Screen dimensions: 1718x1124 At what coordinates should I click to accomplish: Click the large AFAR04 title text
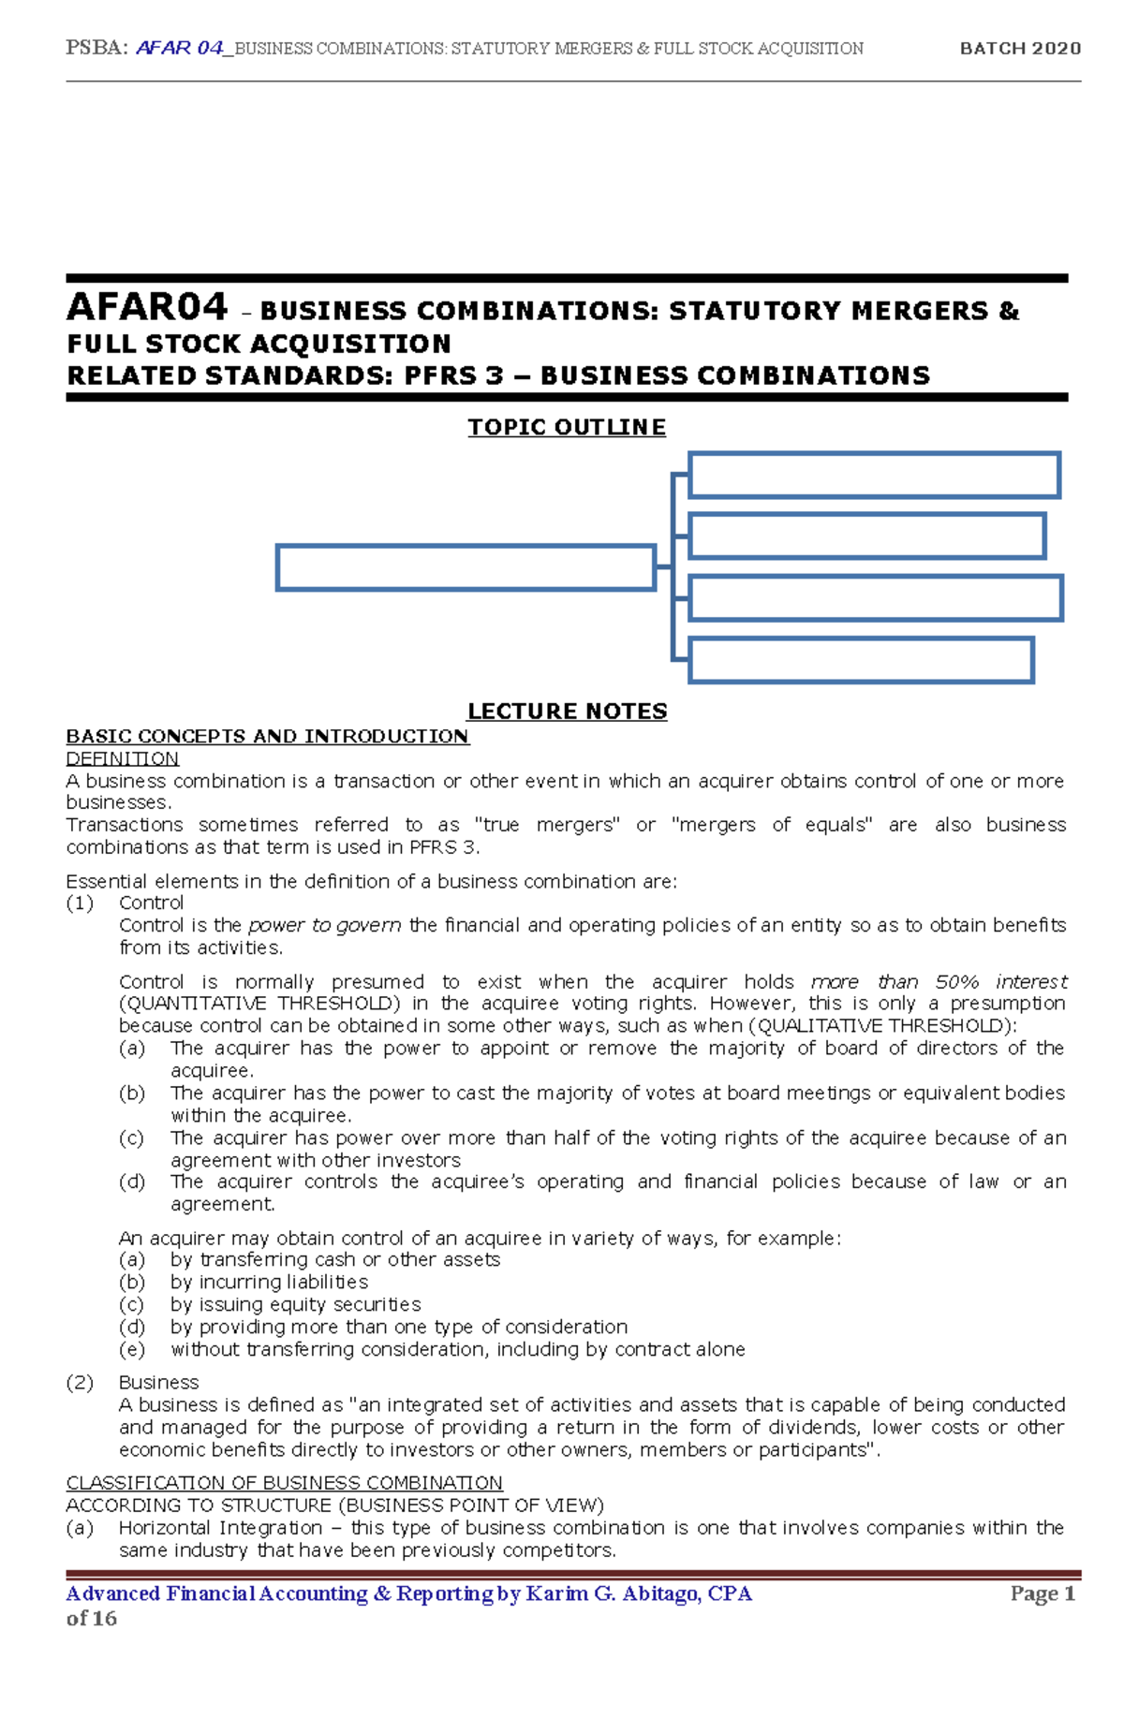(147, 307)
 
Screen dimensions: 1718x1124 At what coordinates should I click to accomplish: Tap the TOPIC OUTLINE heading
(567, 427)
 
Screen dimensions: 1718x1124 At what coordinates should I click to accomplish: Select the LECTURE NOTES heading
(567, 712)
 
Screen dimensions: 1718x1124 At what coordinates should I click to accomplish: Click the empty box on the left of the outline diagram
(466, 568)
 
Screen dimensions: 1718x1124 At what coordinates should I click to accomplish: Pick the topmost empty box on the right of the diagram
(874, 475)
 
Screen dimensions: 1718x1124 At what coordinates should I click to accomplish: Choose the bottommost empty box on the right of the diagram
(861, 660)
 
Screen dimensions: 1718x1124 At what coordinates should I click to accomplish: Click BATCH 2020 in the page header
(1020, 48)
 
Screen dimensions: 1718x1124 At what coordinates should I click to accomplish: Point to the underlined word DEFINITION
(122, 758)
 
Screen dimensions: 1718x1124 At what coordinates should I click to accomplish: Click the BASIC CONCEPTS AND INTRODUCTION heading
(267, 736)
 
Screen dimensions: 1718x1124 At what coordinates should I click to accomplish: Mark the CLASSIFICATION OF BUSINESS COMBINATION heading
(284, 1483)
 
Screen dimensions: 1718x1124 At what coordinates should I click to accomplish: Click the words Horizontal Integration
(220, 1528)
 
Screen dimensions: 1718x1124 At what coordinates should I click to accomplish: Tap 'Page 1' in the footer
(1043, 1593)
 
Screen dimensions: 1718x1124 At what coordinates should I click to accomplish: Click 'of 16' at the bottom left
(91, 1619)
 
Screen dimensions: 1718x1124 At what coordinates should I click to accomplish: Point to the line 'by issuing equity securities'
(295, 1304)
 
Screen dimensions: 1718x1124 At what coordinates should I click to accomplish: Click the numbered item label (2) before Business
(80, 1382)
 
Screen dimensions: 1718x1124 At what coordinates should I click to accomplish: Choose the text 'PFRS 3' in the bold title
(454, 376)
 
